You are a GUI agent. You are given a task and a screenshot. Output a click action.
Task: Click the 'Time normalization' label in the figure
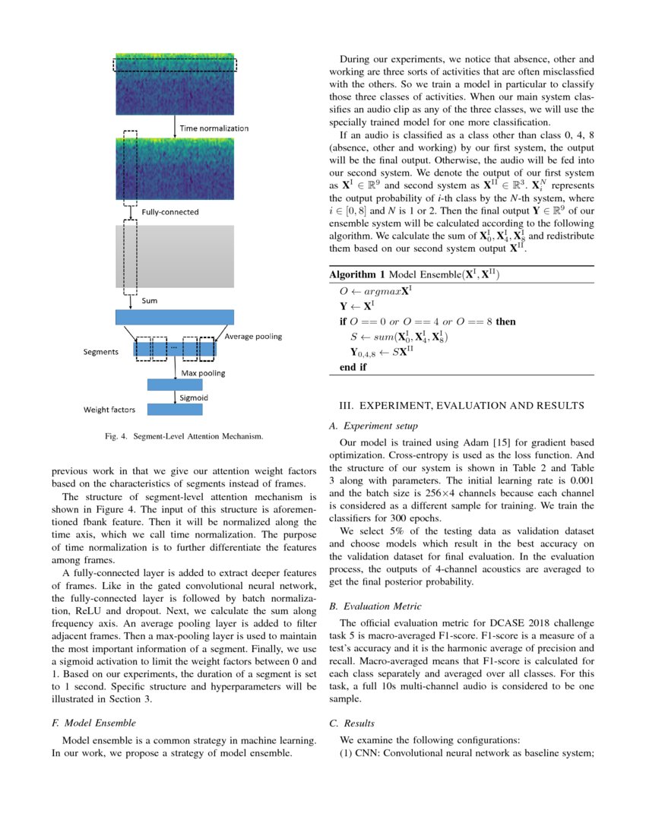click(x=214, y=128)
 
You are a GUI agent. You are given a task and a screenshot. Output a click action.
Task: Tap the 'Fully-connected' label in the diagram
click(x=170, y=211)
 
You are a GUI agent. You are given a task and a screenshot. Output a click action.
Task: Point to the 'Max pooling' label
click(x=203, y=373)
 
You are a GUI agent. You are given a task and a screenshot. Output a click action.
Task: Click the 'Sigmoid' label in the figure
click(x=193, y=397)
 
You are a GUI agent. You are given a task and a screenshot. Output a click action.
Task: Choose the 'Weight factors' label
click(x=109, y=410)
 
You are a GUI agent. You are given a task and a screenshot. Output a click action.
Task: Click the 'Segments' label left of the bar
click(x=100, y=353)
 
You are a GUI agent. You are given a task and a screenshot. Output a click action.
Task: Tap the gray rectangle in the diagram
click(x=175, y=255)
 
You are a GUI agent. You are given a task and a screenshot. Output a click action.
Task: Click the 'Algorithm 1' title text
click(x=356, y=274)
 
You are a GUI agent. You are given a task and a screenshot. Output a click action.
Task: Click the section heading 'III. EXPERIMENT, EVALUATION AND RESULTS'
click(x=463, y=407)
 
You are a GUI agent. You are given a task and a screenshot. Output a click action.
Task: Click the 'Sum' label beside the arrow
click(x=150, y=301)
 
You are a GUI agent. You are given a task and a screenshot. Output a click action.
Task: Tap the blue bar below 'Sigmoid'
click(x=175, y=410)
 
